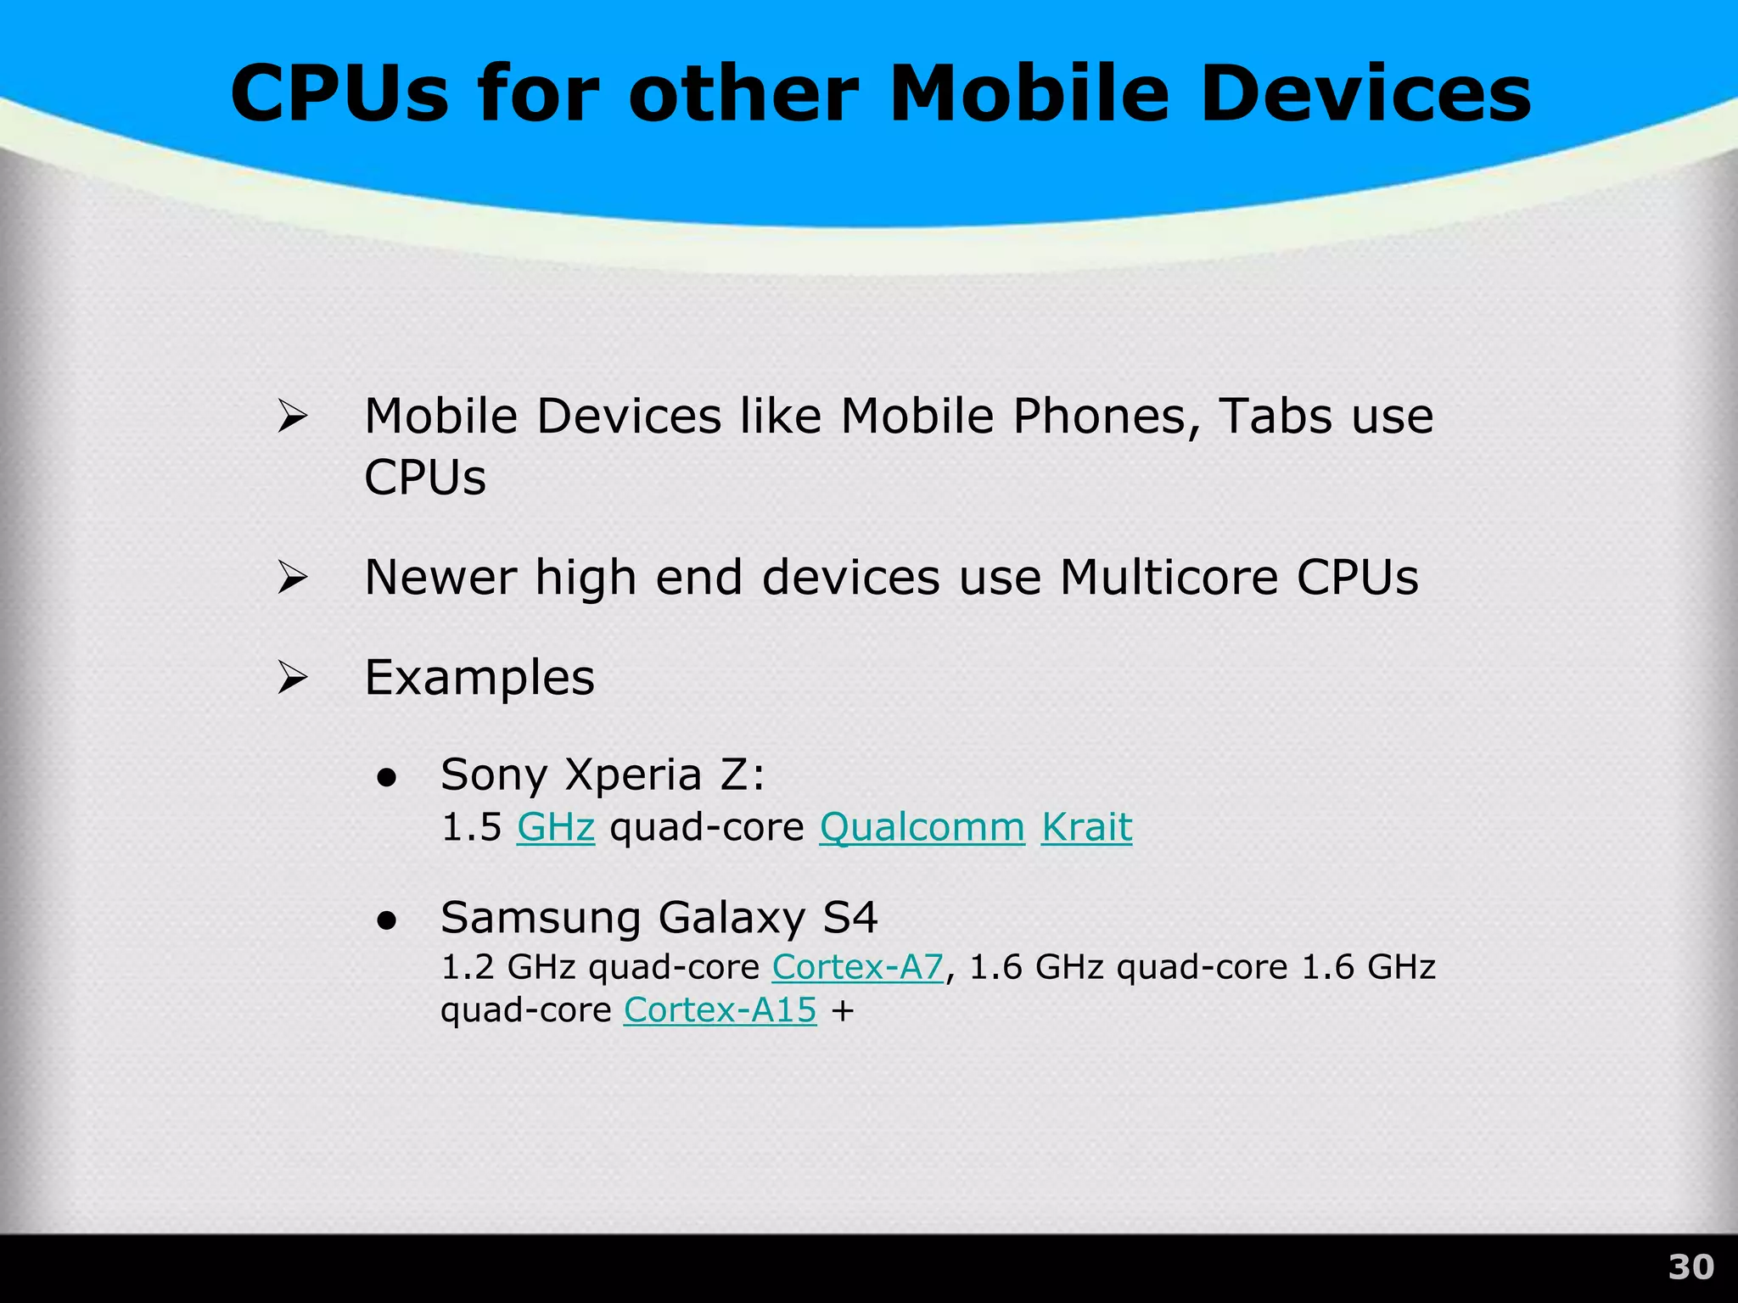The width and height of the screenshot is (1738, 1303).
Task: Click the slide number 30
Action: [1690, 1267]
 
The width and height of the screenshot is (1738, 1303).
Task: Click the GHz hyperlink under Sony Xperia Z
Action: [556, 827]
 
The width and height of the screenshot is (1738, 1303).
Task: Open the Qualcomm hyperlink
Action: [922, 827]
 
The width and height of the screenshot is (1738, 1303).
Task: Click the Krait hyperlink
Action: [1086, 827]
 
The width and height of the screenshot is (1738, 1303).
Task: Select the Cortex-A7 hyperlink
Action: [857, 967]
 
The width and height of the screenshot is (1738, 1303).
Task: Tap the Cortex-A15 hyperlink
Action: [720, 1010]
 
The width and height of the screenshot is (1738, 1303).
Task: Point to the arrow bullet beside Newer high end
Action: [292, 579]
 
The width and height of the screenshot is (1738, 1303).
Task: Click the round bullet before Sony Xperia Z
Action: [388, 777]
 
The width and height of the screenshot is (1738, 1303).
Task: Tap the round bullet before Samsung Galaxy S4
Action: [388, 920]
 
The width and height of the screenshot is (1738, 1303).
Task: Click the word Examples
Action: [479, 678]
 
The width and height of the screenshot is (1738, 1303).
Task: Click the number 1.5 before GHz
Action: [472, 827]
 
